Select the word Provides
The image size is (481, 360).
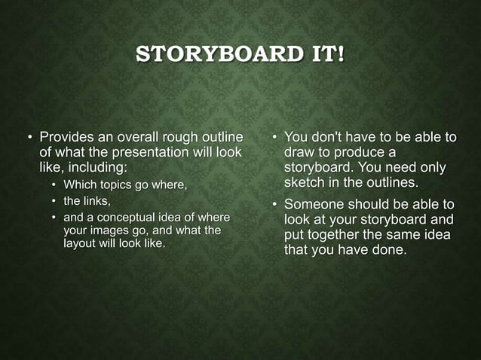click(68, 138)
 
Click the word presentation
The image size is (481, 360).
click(137, 152)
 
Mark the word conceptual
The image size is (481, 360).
click(133, 218)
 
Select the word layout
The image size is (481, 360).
click(80, 244)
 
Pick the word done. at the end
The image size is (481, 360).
click(391, 249)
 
